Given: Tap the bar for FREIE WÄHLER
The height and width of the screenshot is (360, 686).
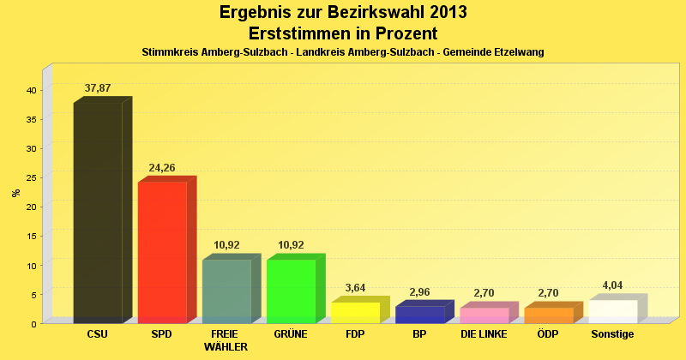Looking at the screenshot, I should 226,291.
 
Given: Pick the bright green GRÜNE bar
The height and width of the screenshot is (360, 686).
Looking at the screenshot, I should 291,291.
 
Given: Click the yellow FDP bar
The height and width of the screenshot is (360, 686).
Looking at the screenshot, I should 355,312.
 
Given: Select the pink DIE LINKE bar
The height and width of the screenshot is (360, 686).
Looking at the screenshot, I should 484,315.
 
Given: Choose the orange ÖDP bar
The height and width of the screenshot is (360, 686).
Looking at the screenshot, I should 548,315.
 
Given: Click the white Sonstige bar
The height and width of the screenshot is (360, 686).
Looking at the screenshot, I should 612,311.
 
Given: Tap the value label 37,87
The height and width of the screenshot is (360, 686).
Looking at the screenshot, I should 98,88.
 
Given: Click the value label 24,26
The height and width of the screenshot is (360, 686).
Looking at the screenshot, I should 162,168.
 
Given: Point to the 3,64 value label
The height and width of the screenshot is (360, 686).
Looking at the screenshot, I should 355,288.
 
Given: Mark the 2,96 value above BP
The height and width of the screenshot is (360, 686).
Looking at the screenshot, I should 419,291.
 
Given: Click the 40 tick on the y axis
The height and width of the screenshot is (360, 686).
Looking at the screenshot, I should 30,90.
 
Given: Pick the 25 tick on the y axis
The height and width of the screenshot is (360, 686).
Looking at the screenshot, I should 30,177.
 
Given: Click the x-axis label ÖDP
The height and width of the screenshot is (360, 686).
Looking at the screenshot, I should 548,334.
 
